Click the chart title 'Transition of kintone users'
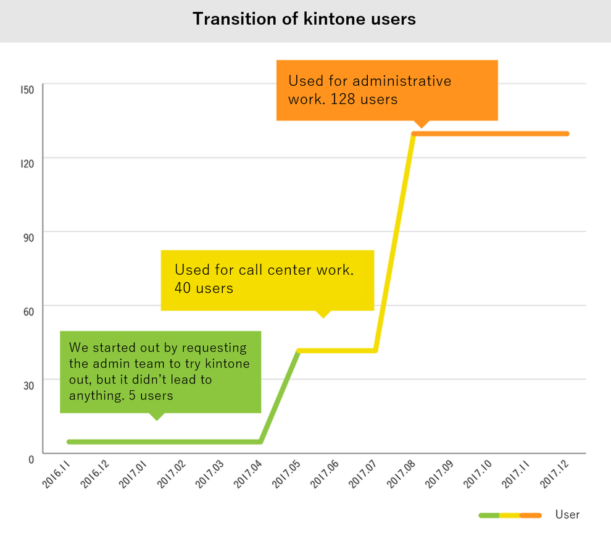click(304, 19)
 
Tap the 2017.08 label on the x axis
click(401, 474)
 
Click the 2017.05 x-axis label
click(288, 474)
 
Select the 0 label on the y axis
click(30, 459)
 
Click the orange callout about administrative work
click(386, 90)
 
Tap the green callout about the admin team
click(160, 371)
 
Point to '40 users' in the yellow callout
click(204, 288)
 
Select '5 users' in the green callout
click(151, 396)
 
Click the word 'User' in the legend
click(567, 514)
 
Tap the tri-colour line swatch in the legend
click(510, 515)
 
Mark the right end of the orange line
click(566, 133)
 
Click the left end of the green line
click(69, 441)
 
